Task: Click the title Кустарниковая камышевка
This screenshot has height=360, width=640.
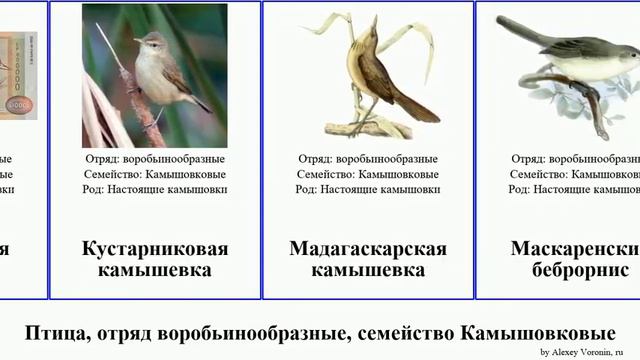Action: point(154,259)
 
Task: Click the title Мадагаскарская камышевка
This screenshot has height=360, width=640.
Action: point(367,259)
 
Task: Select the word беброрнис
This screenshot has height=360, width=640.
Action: point(582,270)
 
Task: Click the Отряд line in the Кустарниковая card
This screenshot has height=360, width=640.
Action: point(154,158)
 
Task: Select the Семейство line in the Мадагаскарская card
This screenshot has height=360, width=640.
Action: point(367,174)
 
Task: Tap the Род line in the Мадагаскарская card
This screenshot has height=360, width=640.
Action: point(367,190)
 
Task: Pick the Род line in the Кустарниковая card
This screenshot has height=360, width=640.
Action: point(154,190)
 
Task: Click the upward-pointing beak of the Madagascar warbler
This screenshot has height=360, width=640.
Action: point(376,20)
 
